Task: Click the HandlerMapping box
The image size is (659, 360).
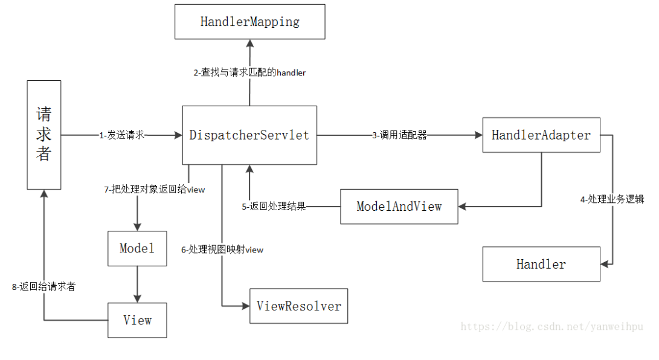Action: point(249,22)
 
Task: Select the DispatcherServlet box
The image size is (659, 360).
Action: point(249,135)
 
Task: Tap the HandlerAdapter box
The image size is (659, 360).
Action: point(541,135)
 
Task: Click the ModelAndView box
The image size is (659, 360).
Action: point(399,207)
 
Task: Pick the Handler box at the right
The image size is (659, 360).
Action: point(541,264)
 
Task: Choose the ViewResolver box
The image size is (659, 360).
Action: point(298,306)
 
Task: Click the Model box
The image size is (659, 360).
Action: point(137,248)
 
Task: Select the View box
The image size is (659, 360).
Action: point(137,320)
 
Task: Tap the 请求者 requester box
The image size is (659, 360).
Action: point(43,135)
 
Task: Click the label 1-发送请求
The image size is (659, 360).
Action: point(122,135)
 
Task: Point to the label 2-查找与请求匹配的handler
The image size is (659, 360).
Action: point(249,72)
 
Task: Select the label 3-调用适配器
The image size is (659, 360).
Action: point(399,135)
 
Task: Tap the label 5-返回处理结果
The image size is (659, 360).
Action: point(274,207)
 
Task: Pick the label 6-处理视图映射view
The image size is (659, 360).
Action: point(222,249)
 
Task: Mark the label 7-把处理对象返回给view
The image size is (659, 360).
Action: point(155,190)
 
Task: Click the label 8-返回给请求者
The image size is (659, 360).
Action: point(43,287)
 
